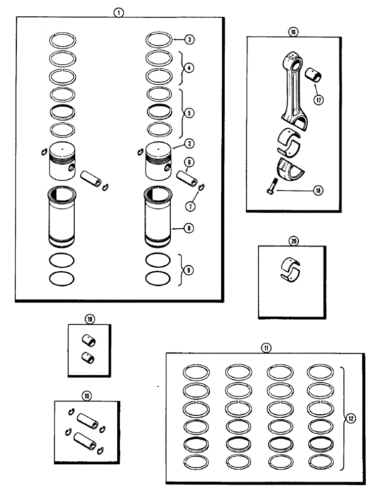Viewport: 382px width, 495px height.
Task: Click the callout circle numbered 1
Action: [x=118, y=12]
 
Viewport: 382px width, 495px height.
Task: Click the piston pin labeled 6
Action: [x=188, y=176]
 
